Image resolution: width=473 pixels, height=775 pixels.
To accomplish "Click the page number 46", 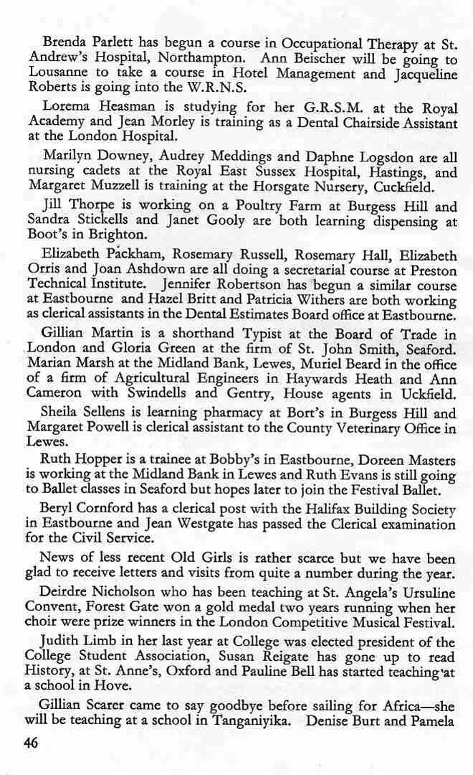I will coord(31,743).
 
